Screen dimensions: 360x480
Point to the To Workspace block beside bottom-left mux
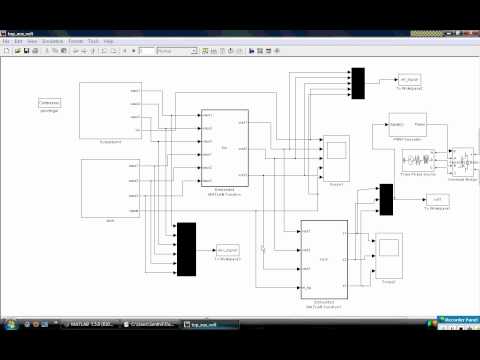[228, 251]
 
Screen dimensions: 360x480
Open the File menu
[6, 41]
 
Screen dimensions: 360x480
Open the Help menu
[108, 41]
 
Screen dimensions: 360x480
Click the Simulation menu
[52, 41]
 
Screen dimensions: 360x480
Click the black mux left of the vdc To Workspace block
[384, 199]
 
